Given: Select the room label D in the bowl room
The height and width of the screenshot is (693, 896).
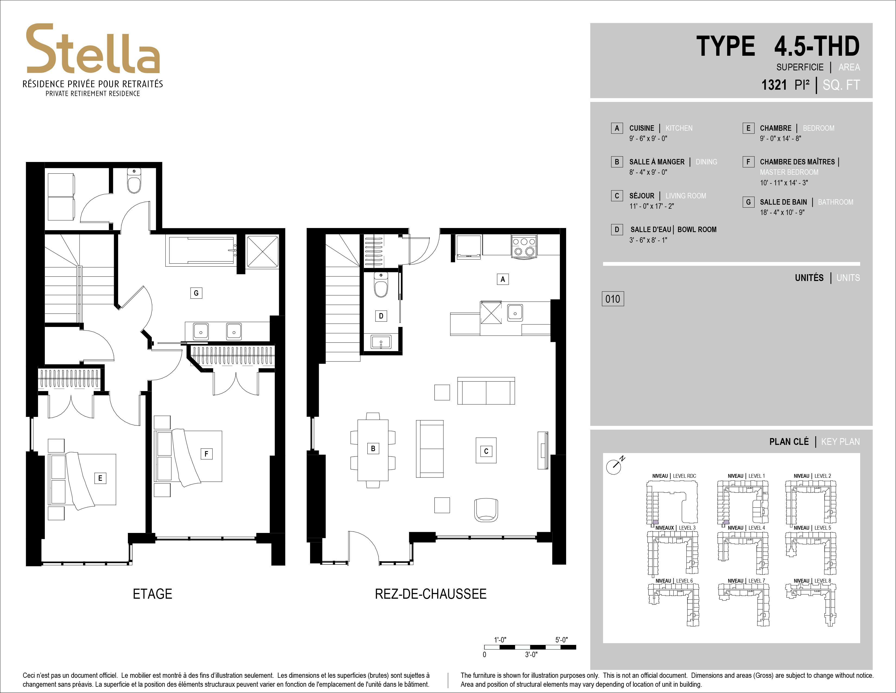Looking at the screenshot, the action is pyautogui.click(x=381, y=316).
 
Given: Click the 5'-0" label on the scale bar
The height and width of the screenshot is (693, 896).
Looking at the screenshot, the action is pyautogui.click(x=562, y=640).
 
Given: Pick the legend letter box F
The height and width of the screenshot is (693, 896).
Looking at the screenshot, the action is pyautogui.click(x=748, y=162).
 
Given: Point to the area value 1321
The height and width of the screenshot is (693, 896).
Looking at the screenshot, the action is pyautogui.click(x=774, y=85).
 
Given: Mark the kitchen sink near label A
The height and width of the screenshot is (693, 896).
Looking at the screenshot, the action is pyautogui.click(x=515, y=313).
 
